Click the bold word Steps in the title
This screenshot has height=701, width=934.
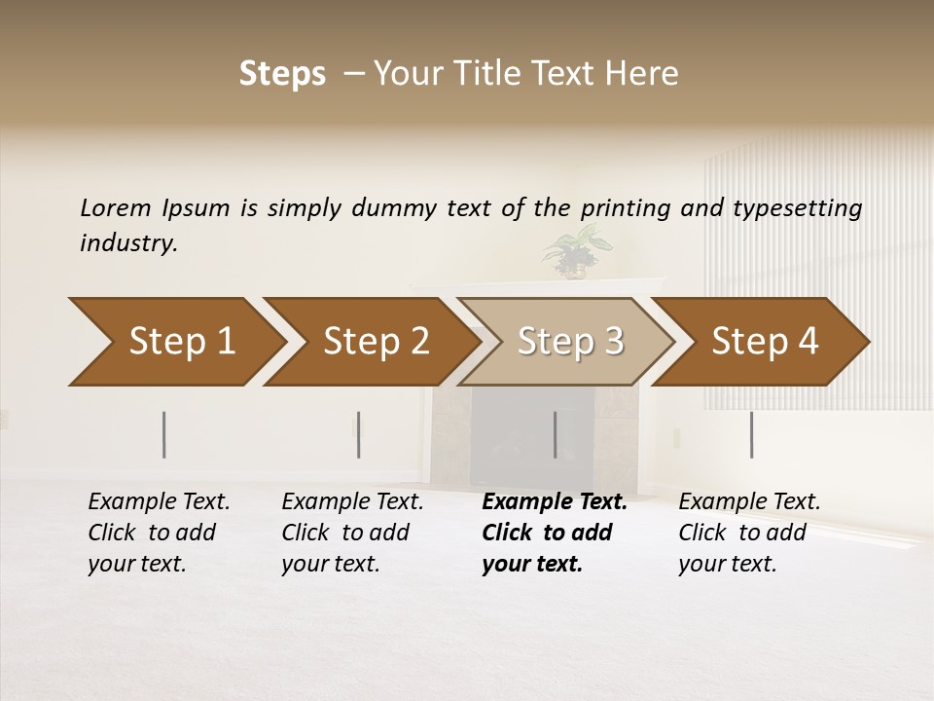point(282,74)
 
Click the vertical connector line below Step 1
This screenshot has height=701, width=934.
point(164,434)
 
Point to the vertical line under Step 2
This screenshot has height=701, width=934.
point(358,434)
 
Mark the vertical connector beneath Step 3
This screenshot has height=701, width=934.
point(555,434)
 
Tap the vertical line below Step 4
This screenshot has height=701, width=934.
point(751,434)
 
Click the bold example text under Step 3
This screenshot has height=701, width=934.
point(553,533)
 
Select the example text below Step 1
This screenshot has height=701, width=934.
point(158,533)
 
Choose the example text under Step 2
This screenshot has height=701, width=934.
point(351,533)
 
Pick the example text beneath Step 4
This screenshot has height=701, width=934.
point(748,533)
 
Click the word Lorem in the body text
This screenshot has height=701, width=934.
point(116,207)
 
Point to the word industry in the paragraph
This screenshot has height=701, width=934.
point(128,243)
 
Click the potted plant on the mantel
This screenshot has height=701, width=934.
point(572,252)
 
